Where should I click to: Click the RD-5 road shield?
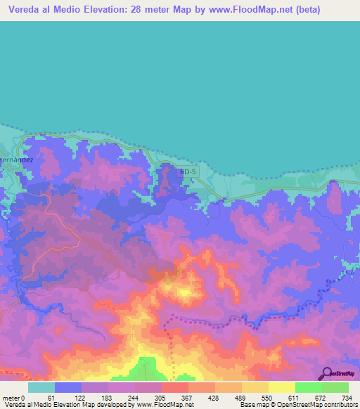pyautogui.click(x=186, y=171)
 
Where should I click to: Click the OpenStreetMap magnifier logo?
pyautogui.click(x=325, y=373)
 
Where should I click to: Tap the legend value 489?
pyautogui.click(x=240, y=397)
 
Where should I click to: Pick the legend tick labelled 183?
pyautogui.click(x=105, y=397)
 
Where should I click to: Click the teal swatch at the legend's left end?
pyautogui.click(x=41, y=387)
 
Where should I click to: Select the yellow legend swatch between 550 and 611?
pyautogui.click(x=281, y=387)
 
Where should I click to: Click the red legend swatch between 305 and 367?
pyautogui.click(x=174, y=387)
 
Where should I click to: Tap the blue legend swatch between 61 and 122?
pyautogui.click(x=68, y=387)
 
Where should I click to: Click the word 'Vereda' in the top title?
pyautogui.click(x=22, y=10)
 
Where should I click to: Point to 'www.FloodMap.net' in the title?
pyautogui.click(x=238, y=10)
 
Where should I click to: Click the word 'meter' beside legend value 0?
pyautogui.click(x=12, y=397)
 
